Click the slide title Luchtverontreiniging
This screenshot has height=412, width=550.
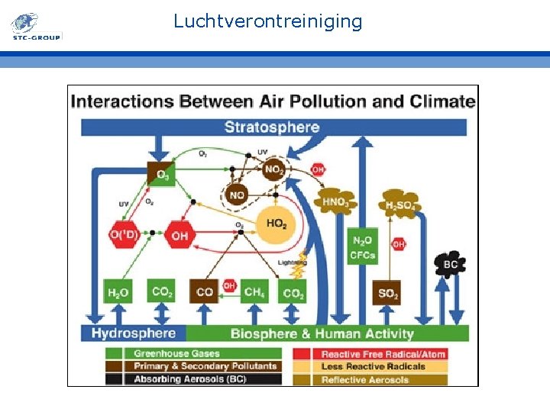[x=267, y=21]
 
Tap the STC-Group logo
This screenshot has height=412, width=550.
[x=35, y=26]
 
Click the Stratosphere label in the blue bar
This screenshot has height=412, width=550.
[x=272, y=127]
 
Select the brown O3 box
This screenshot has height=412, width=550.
[x=161, y=175]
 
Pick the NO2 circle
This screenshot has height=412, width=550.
[x=273, y=170]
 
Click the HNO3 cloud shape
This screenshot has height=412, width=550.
[x=335, y=202]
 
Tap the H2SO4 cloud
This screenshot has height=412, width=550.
[x=400, y=204]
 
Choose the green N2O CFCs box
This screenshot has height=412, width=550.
[x=362, y=248]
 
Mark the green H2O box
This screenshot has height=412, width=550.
[x=118, y=292]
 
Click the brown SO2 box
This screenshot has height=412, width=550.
[x=387, y=293]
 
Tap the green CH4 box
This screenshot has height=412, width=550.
[x=254, y=292]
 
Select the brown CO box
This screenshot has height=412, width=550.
[x=205, y=292]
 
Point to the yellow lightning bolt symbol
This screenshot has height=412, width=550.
[x=301, y=266]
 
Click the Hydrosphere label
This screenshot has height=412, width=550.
[x=134, y=333]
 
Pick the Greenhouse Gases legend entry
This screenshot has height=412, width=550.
[x=176, y=354]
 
